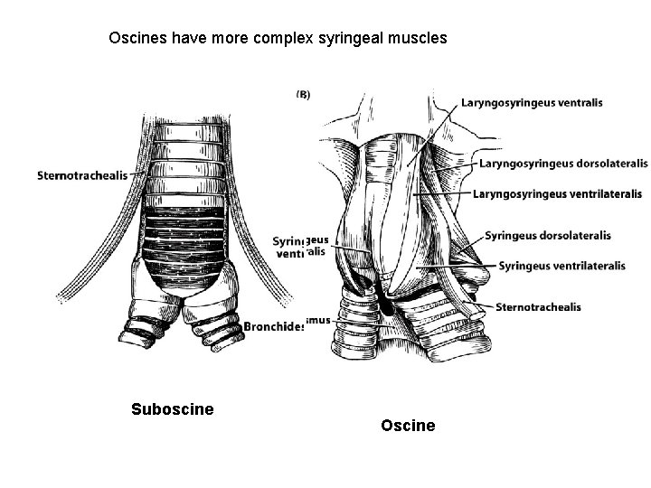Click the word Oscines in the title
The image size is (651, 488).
coord(136,39)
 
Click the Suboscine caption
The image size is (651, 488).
coord(173,409)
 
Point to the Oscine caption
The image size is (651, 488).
coord(408,425)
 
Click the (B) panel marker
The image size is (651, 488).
coord(303,94)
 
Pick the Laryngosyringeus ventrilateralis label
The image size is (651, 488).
coord(557,193)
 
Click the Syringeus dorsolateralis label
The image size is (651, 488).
coord(547,236)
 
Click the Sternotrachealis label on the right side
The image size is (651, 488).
coord(538,307)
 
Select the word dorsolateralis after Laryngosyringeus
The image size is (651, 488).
coord(605,164)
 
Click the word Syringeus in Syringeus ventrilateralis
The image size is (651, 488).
coord(526,265)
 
